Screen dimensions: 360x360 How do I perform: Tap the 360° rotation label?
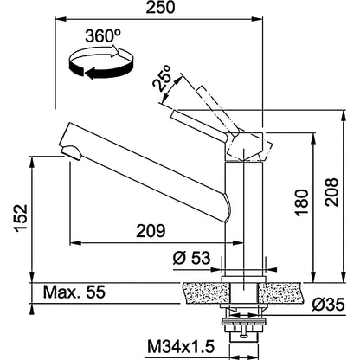point(103,36)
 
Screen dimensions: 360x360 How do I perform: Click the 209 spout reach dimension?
point(151,231)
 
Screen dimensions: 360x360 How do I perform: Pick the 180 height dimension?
point(302,202)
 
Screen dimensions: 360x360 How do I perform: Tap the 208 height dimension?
point(331,192)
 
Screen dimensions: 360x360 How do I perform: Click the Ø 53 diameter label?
point(191,258)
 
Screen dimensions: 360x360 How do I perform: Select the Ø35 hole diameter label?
point(328,305)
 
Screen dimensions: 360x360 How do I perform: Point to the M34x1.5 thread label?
point(181,346)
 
